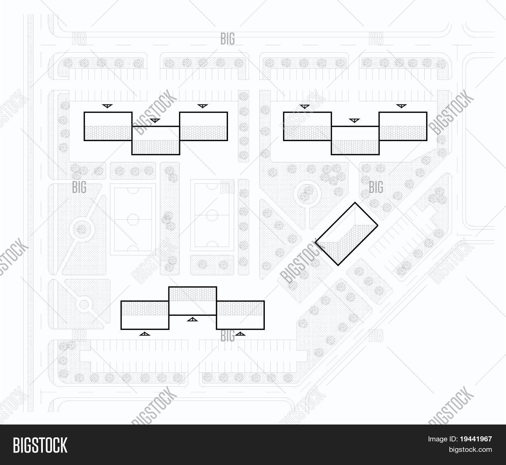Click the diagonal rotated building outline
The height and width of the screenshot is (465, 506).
[x=346, y=234]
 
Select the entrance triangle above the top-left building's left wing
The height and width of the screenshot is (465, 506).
[x=107, y=106]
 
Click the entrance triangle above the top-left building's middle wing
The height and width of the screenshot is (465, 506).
[x=154, y=120]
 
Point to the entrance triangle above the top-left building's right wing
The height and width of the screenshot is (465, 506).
[x=202, y=106]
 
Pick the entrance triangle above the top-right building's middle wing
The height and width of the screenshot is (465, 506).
[x=354, y=120]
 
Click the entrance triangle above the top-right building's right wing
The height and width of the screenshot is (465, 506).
[x=401, y=106]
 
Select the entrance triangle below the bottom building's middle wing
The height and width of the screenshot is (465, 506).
[x=192, y=320]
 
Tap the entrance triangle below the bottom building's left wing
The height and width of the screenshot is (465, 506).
[x=144, y=334]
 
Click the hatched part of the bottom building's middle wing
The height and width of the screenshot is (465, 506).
[x=192, y=294]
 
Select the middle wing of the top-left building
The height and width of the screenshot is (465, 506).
[x=156, y=140]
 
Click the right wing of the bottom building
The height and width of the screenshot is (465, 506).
[x=240, y=314]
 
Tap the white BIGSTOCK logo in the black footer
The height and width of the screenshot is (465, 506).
[x=40, y=445]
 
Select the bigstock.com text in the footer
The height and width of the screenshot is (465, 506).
[x=470, y=449]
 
